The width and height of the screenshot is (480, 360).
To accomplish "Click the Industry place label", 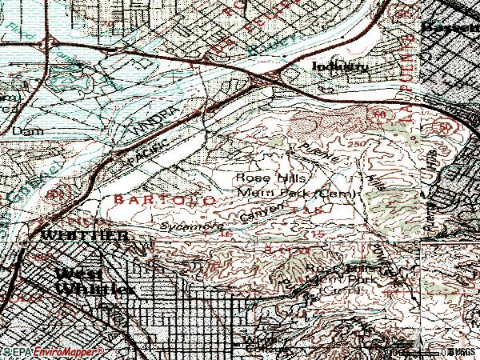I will tap(340, 67).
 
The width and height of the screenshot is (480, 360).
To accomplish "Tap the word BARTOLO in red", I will tap(164, 198).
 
